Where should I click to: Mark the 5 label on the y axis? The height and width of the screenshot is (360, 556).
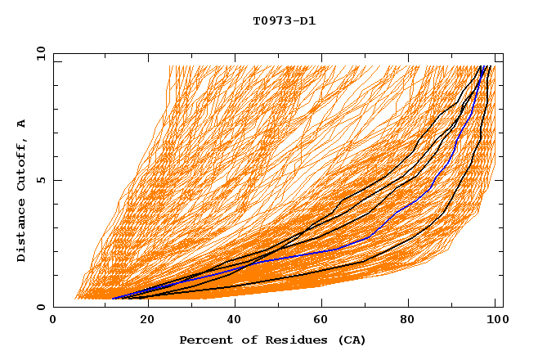tap(41, 180)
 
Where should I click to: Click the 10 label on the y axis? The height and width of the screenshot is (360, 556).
tap(38, 53)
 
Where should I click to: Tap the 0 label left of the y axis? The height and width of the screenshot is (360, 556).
tap(41, 307)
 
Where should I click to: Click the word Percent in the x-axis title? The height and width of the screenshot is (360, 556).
tap(204, 340)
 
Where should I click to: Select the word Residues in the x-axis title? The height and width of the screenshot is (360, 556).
tap(285, 340)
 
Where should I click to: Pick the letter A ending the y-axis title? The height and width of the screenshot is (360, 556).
tap(21, 124)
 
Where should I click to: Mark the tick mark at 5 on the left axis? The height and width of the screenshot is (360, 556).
tap(56, 180)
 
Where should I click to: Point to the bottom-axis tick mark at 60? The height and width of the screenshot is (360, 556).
tap(321, 304)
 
